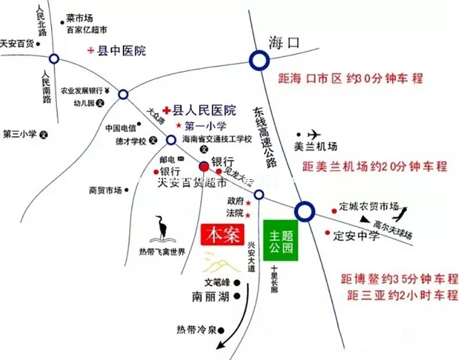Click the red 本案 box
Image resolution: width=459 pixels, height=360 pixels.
(x=223, y=235)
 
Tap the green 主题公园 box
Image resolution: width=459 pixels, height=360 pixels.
(x=281, y=241)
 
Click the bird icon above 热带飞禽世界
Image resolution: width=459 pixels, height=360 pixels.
(x=164, y=230)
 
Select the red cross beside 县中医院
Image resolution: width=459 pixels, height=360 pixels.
(x=90, y=51)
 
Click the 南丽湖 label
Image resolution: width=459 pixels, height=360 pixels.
(x=211, y=297)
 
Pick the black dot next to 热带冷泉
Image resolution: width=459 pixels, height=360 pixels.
(x=221, y=330)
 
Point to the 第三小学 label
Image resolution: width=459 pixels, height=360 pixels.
(x=20, y=134)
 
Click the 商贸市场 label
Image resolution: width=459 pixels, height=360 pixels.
(x=106, y=189)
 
